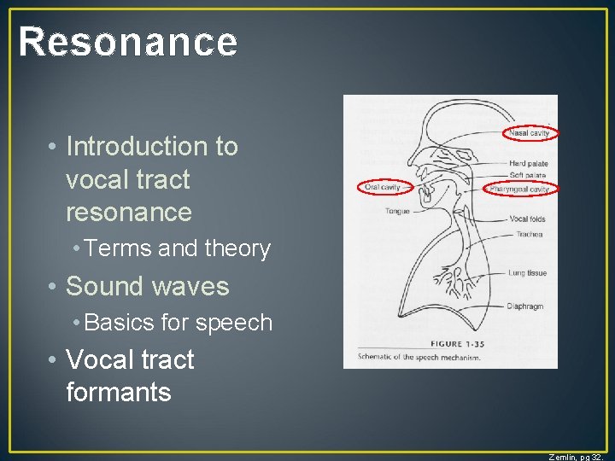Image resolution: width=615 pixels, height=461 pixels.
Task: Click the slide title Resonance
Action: (128, 42)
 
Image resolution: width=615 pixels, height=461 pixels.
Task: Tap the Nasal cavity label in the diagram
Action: (530, 133)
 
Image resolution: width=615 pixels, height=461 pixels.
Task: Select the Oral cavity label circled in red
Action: (382, 187)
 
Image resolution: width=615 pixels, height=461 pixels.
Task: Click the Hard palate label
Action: (529, 163)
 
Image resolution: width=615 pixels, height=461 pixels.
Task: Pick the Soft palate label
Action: (528, 175)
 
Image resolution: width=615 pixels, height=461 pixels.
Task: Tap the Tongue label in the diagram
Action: (396, 211)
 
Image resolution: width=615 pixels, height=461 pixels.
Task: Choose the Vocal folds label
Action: (527, 219)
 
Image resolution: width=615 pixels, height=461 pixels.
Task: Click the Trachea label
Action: (529, 234)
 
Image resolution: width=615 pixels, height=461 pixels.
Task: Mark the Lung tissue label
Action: (528, 273)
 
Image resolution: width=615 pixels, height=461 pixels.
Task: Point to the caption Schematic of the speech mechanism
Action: (419, 358)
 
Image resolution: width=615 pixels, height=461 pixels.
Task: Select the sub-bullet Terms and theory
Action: (178, 248)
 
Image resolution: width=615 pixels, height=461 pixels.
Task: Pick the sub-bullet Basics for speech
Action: (179, 323)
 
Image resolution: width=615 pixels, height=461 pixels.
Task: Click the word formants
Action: (119, 392)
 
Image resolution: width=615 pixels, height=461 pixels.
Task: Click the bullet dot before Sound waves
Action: (53, 286)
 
